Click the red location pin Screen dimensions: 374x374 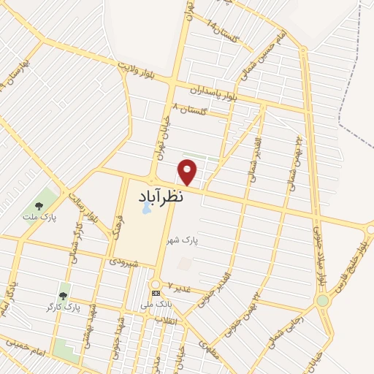coord(188,172)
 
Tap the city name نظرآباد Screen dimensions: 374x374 coord(161,196)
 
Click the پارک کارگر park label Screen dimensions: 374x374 coord(67,307)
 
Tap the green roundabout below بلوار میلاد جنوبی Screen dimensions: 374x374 coord(322,300)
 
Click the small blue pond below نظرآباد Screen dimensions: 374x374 coord(146,208)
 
